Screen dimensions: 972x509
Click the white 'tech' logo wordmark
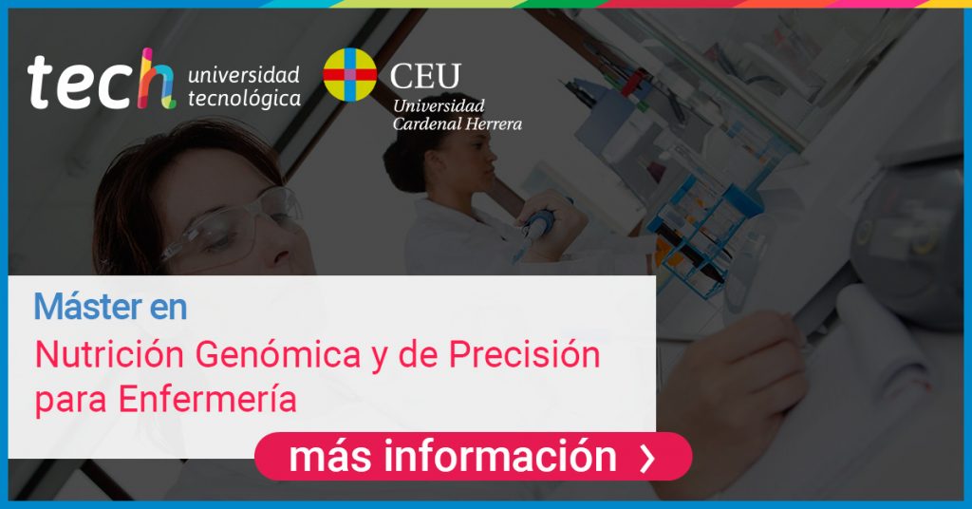(x=101, y=80)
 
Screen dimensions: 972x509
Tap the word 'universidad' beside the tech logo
(x=244, y=74)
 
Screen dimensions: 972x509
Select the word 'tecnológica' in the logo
(x=244, y=99)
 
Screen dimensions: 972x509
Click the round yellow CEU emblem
(x=349, y=74)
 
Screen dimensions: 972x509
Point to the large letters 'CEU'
(x=425, y=76)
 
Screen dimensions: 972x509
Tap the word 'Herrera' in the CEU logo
(x=494, y=124)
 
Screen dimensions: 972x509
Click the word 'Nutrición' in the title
(x=109, y=354)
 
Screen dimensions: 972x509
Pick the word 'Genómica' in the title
(x=278, y=354)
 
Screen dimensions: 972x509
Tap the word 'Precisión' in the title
(x=524, y=354)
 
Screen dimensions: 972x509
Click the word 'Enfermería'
(x=208, y=399)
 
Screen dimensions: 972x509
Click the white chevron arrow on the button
(x=647, y=458)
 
